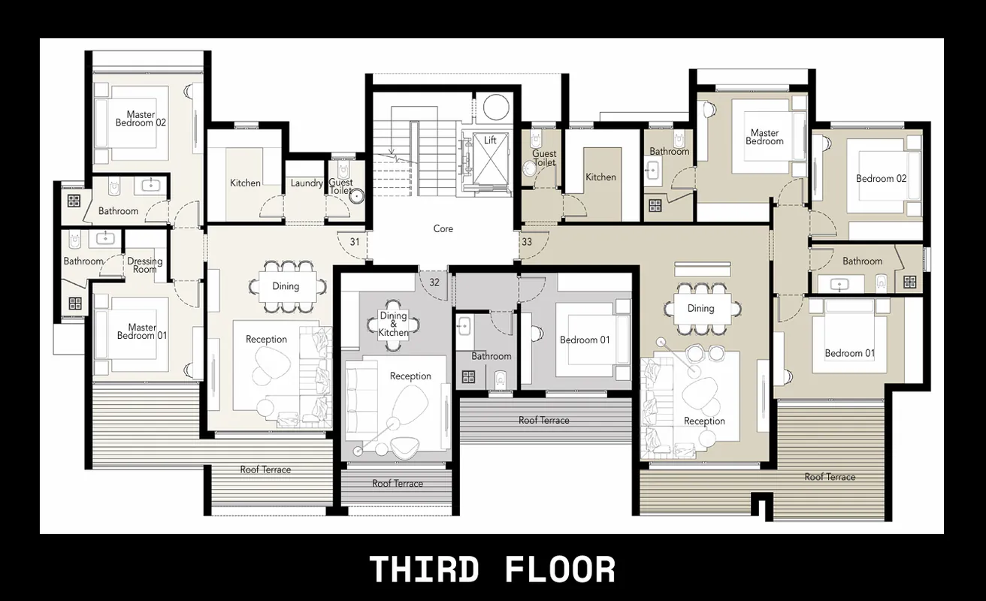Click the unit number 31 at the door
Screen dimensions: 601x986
[354, 242]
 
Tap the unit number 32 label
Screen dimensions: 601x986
[434, 282]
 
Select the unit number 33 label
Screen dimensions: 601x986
[526, 242]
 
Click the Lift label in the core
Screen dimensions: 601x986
[490, 140]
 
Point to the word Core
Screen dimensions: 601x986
[443, 228]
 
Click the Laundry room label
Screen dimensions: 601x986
[307, 183]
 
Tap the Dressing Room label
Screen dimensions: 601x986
[145, 265]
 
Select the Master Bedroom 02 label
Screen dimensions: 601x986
[141, 119]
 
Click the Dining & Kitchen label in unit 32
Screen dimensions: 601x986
[393, 325]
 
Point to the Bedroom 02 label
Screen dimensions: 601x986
[881, 179]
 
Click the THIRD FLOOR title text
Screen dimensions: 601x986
[492, 569]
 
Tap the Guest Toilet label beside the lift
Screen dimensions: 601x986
[544, 158]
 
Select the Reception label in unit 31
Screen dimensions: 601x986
[266, 340]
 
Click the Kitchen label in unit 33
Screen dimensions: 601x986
[600, 177]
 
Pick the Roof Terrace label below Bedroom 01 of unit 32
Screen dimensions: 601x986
[543, 421]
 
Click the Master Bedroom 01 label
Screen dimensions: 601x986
[141, 331]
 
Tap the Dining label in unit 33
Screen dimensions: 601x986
[700, 308]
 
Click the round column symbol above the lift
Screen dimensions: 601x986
[496, 107]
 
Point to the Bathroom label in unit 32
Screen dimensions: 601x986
[491, 356]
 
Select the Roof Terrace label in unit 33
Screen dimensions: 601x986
[830, 477]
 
